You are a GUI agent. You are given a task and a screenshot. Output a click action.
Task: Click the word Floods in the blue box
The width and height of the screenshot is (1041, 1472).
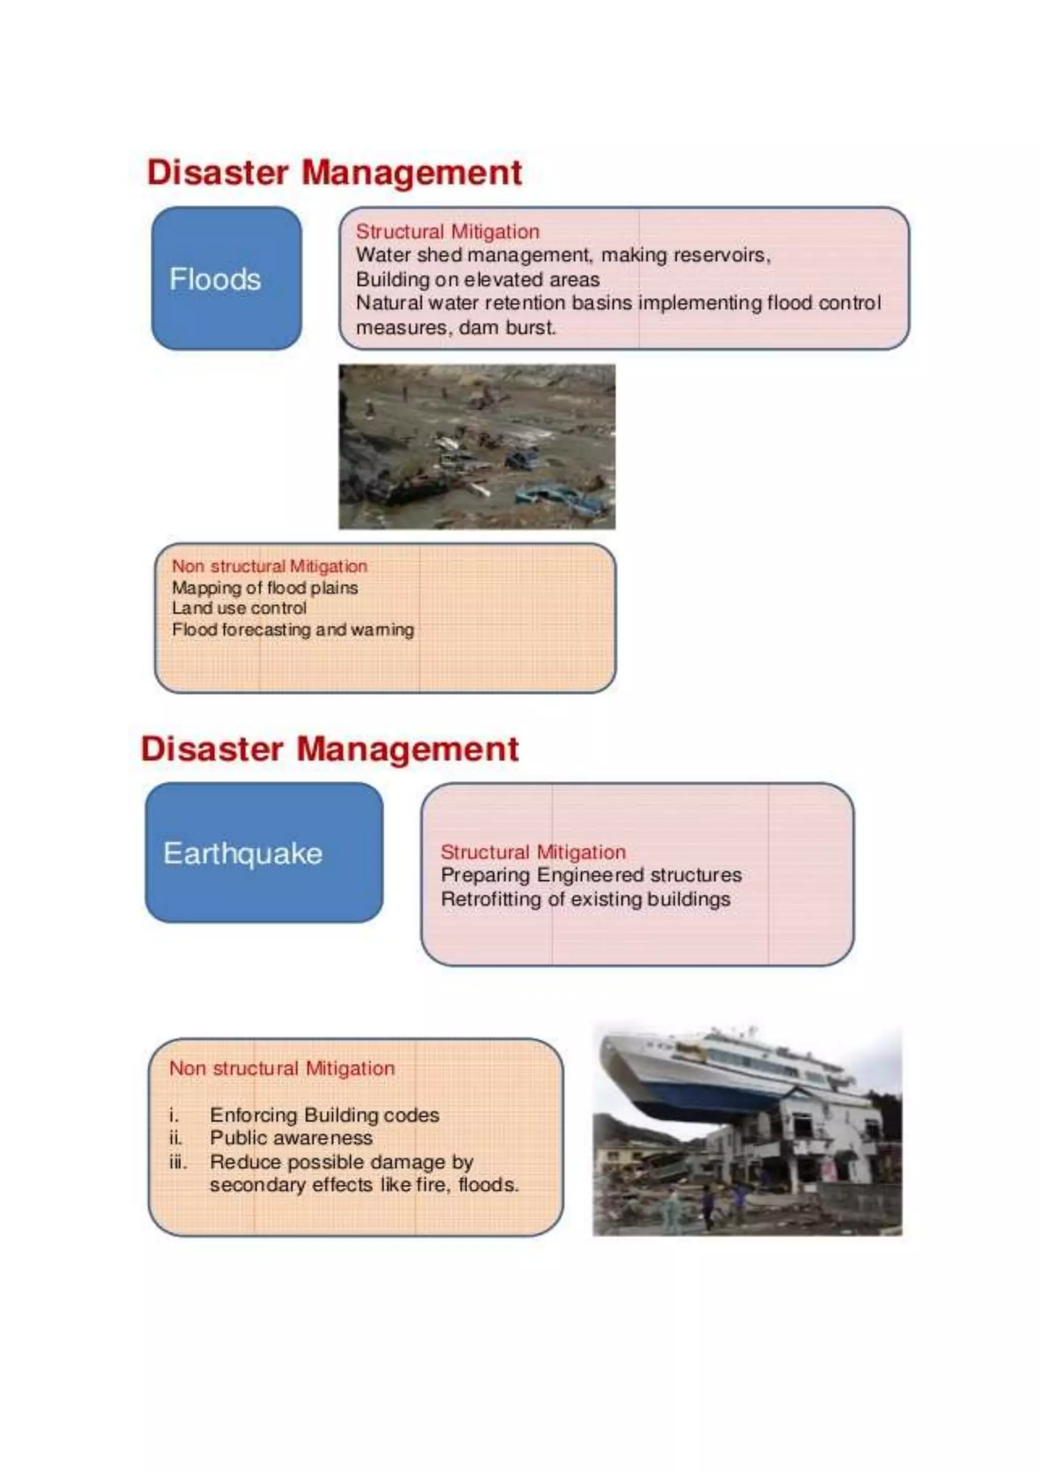pyautogui.click(x=215, y=280)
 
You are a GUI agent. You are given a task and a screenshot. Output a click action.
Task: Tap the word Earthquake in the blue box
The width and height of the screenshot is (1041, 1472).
pyautogui.click(x=242, y=853)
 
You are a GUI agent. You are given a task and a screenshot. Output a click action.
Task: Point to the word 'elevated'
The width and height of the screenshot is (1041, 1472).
pyautogui.click(x=503, y=280)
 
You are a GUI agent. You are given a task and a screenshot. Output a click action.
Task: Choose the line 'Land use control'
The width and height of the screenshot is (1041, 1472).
pyautogui.click(x=238, y=608)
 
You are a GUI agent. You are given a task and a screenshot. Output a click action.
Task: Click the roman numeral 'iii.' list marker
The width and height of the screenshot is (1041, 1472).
pyautogui.click(x=177, y=1162)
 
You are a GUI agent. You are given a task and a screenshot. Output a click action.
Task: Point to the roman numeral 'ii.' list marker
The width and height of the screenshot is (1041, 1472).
pyautogui.click(x=175, y=1138)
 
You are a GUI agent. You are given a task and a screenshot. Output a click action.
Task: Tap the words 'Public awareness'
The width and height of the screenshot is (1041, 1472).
pyautogui.click(x=291, y=1138)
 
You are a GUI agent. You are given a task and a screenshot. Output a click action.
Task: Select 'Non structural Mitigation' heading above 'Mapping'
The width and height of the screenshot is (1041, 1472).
pyautogui.click(x=269, y=566)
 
